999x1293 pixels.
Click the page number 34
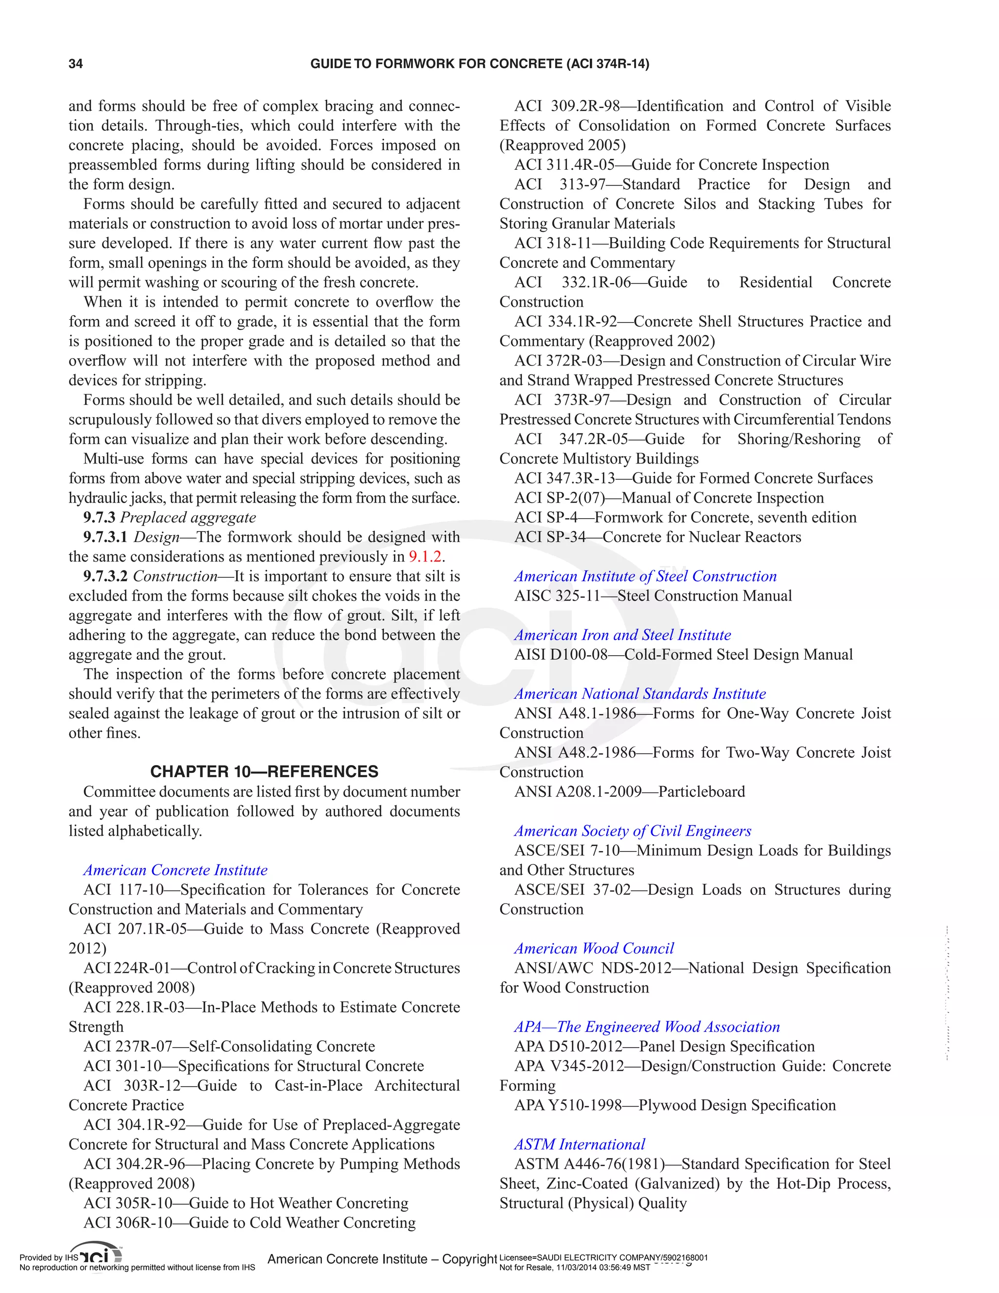coord(76,64)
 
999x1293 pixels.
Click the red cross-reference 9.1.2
coord(425,557)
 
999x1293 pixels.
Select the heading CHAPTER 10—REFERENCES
coord(264,771)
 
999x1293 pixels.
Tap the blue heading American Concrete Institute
coord(175,869)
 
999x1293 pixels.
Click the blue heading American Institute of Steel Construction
coord(645,576)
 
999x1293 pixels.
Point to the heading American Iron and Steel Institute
coord(622,635)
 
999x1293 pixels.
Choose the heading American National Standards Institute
coord(640,693)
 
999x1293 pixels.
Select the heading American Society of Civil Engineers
coord(633,830)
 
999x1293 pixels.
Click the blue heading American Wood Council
coord(594,948)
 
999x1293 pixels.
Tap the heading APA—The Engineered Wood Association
coord(647,1026)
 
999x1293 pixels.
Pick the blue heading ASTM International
coord(579,1144)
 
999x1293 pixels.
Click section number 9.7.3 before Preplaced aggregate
coord(99,517)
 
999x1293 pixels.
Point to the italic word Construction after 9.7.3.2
coord(175,576)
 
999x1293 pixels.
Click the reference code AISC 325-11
coord(558,596)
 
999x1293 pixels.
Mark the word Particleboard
coord(701,791)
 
